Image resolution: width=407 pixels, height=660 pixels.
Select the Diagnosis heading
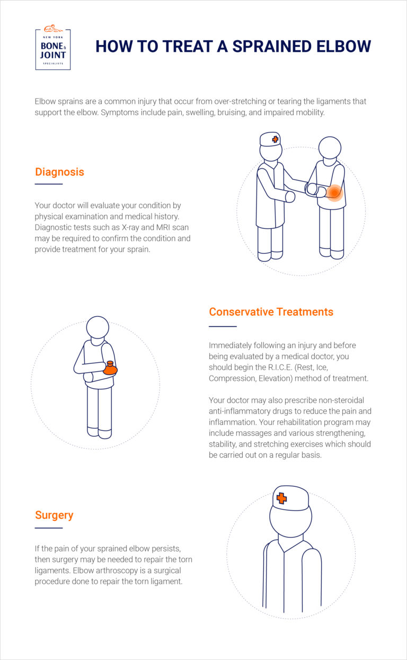tap(59, 172)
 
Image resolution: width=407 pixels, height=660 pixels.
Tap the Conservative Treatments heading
tap(271, 311)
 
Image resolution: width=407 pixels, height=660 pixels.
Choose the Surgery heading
tap(54, 515)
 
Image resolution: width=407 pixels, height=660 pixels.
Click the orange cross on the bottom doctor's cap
tap(281, 498)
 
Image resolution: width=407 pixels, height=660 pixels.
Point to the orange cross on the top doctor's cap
tap(275, 139)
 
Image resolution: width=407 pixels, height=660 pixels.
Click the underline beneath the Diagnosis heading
tap(49, 184)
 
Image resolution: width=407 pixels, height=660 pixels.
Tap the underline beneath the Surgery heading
tap(49, 528)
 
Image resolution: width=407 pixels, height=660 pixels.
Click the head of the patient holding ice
tap(98, 327)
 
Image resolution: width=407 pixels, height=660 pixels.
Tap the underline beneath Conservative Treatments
tap(223, 326)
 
